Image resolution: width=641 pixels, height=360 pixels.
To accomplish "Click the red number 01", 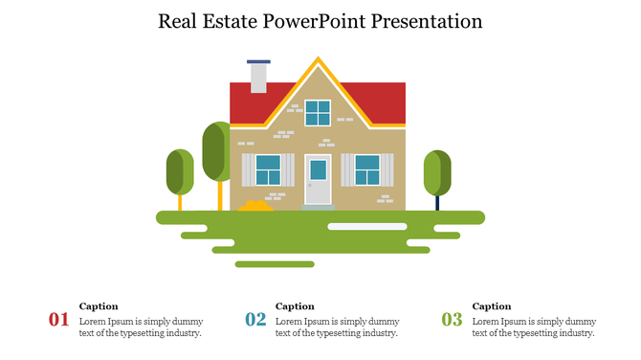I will pos(58,320).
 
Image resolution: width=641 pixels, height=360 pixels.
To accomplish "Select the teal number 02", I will pos(255,320).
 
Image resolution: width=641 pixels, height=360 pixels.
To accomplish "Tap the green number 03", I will pos(452,320).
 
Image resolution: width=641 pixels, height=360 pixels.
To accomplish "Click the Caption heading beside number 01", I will pos(99,306).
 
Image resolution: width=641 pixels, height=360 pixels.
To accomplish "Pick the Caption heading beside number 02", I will pos(295,306).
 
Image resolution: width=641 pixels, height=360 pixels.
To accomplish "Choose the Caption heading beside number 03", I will pos(492,306).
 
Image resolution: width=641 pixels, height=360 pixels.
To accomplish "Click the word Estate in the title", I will pos(238,21).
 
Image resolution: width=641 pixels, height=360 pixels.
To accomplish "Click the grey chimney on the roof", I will pos(258,77).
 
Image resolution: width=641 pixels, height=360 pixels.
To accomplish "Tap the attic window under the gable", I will pos(318,113).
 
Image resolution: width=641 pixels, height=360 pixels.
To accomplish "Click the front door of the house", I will pos(318,179).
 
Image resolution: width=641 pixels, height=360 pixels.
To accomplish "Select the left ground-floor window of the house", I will pos(268,170).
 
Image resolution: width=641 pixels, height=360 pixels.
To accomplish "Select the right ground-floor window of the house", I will pos(367,170).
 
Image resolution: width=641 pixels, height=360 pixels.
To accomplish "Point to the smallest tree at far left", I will pos(180,172).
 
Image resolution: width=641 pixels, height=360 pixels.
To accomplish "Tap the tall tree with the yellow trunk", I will pos(218,153).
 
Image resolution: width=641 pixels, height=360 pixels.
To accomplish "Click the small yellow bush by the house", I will pos(256,205).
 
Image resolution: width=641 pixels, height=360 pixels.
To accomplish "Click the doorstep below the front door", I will pos(318,207).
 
